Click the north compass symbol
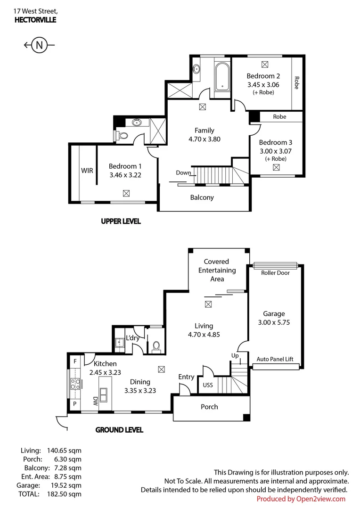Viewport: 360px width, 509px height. [39, 45]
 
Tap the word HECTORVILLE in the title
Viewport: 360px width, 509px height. [35, 19]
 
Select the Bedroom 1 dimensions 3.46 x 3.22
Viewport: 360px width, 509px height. [125, 175]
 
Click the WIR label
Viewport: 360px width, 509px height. [87, 171]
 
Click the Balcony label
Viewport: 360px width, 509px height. [202, 197]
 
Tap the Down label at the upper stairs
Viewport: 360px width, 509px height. [183, 172]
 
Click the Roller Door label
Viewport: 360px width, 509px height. [275, 273]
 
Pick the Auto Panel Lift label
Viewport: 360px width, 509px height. [275, 359]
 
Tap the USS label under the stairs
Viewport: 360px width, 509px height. [207, 385]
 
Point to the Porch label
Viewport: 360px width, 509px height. [209, 407]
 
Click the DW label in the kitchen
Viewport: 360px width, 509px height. [95, 401]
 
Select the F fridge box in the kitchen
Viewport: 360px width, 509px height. [75, 361]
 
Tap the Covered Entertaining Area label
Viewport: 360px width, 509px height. [217, 270]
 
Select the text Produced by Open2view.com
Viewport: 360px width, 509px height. [301, 499]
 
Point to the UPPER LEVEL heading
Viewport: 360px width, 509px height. [121, 221]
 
